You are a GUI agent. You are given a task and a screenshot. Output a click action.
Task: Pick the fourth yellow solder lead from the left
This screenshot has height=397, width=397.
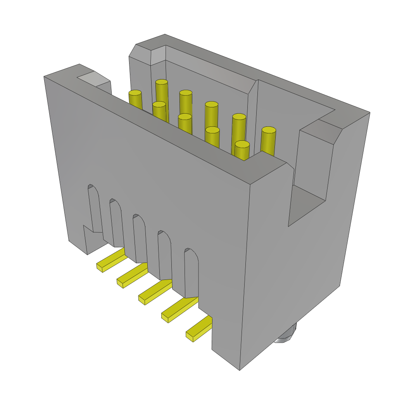179,309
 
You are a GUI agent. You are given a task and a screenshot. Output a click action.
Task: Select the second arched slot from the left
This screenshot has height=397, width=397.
117,223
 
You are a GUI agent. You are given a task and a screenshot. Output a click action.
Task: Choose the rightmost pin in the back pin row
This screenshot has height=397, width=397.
268,140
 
